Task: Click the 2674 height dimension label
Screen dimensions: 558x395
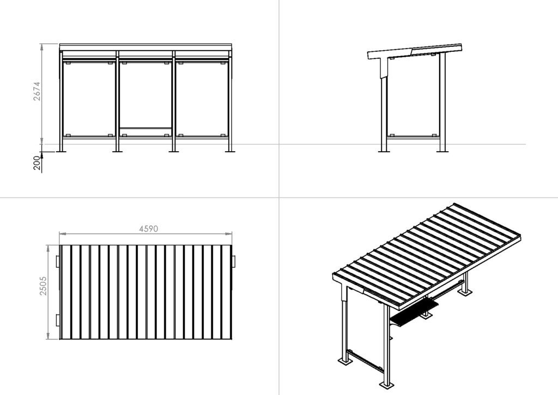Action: point(37,91)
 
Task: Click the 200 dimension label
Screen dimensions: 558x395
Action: point(37,163)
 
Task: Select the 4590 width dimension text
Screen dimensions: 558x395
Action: point(148,229)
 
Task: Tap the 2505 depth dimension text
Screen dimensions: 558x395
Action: point(43,286)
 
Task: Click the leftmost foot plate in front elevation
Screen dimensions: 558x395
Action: point(62,152)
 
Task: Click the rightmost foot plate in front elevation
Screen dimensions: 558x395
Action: point(231,152)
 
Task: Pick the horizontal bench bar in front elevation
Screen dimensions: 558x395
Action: point(145,128)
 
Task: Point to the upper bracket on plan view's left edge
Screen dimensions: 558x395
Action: point(57,261)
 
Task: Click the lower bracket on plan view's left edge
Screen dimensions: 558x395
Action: point(57,321)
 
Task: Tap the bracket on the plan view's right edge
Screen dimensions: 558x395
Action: point(234,261)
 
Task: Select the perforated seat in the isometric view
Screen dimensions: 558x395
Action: point(415,312)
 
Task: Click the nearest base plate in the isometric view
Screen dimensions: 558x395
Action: point(386,385)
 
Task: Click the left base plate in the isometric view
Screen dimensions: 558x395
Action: point(344,362)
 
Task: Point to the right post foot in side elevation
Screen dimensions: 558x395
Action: point(442,152)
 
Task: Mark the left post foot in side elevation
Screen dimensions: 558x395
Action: point(384,152)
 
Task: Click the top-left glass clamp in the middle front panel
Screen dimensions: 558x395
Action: point(124,63)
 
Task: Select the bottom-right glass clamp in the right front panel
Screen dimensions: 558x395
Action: point(223,136)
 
